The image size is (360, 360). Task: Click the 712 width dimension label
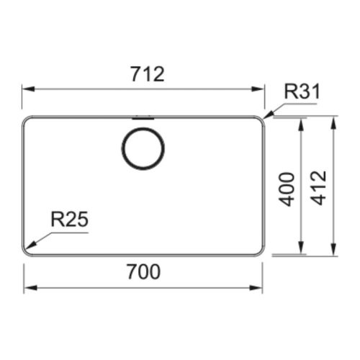coord(148,74)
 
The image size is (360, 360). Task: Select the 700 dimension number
coord(144,271)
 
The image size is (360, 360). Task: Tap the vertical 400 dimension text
coord(287,189)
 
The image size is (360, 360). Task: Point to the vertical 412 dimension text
coord(318,188)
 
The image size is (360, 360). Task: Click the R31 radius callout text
coord(302,91)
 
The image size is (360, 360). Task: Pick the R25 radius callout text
coord(70,220)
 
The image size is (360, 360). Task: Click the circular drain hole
coord(143,148)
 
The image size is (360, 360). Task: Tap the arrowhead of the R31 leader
coord(269,115)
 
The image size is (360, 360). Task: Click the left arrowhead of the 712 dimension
coord(29,89)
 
